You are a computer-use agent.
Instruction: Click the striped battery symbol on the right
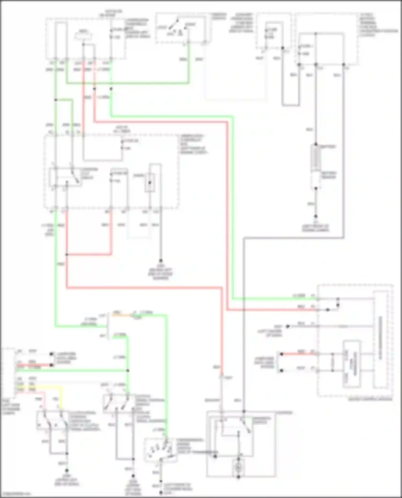(x=316, y=158)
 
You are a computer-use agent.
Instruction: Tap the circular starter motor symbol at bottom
(x=238, y=468)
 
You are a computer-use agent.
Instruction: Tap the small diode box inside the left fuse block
(x=150, y=183)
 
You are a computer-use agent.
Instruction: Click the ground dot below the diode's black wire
(x=161, y=260)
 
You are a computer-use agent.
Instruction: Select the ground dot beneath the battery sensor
(x=316, y=216)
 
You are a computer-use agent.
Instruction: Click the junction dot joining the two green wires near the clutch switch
(x=128, y=371)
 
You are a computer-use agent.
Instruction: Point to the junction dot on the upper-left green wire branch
(x=56, y=100)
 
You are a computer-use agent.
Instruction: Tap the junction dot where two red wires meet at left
(x=67, y=254)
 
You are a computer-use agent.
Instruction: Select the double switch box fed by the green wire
(x=119, y=403)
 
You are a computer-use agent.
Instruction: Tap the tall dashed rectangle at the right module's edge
(x=381, y=340)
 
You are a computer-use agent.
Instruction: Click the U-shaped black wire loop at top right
(x=291, y=80)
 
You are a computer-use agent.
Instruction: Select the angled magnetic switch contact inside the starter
(x=246, y=425)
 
